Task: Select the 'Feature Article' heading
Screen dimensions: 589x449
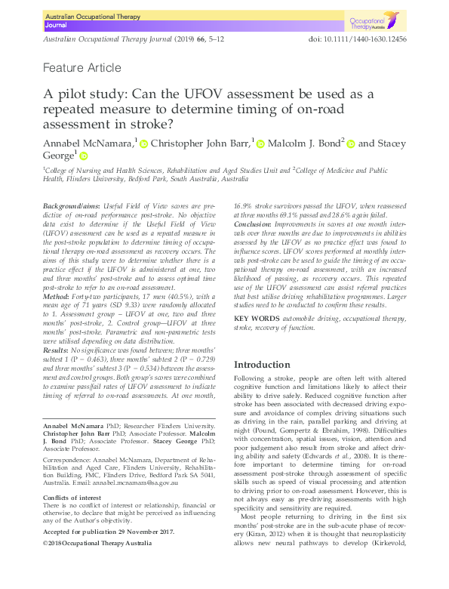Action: pyautogui.click(x=82, y=68)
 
